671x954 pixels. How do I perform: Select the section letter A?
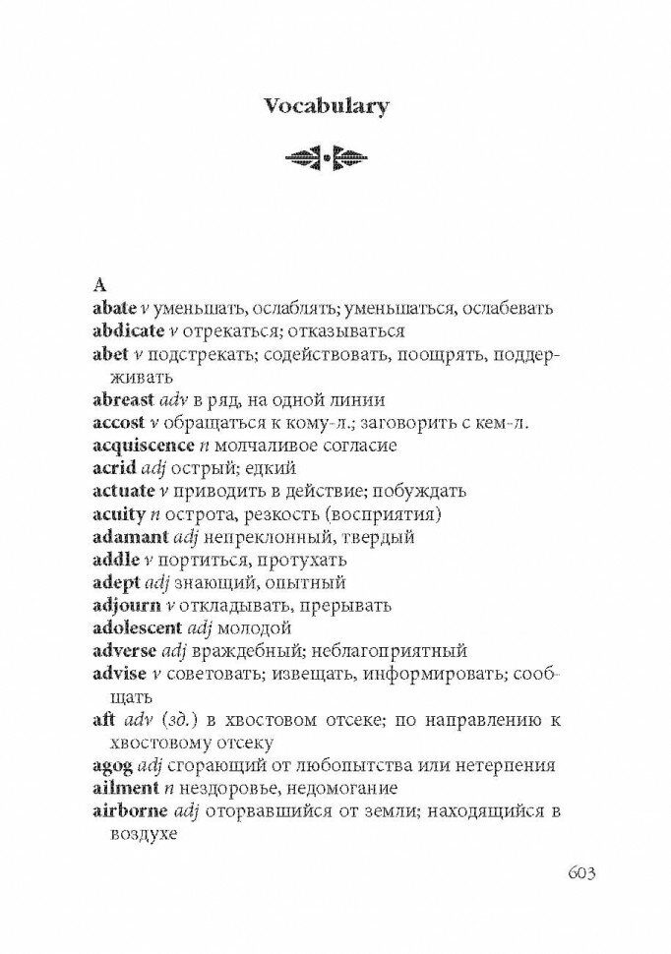(98, 285)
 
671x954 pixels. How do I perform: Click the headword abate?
(114, 308)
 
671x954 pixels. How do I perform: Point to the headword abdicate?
(125, 330)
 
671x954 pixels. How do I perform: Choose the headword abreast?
(123, 399)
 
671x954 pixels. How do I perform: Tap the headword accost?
(116, 422)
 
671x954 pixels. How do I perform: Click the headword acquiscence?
(137, 446)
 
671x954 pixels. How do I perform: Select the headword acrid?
(111, 468)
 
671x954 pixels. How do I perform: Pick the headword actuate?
(123, 491)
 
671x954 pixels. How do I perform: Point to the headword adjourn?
(122, 605)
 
